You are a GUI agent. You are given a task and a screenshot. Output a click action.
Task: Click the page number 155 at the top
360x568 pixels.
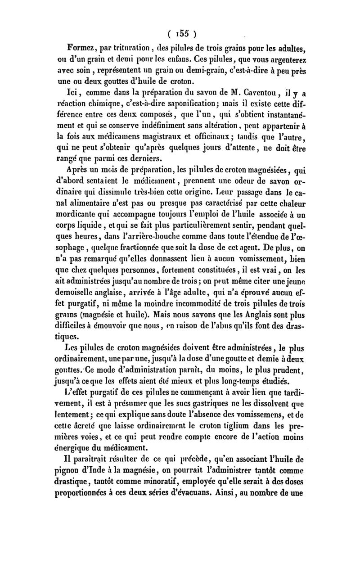pyautogui.click(x=181, y=34)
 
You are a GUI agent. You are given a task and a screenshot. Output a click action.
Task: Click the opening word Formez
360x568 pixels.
pyautogui.click(x=82, y=48)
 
